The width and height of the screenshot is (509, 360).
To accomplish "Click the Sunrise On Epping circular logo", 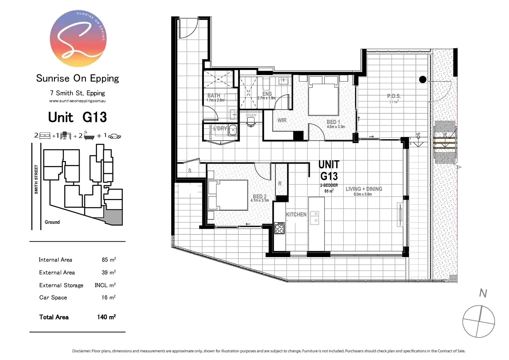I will [78, 39].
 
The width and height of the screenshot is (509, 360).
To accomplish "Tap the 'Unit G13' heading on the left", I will [77, 117].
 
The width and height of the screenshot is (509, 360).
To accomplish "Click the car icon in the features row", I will [114, 136].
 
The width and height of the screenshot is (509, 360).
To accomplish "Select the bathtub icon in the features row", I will [89, 136].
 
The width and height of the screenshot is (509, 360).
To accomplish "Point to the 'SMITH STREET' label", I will [36, 179].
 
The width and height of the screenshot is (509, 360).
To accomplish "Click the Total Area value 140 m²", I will [106, 317].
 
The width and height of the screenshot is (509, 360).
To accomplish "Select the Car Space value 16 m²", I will [108, 297].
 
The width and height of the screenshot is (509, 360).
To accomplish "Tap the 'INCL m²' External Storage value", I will [105, 285].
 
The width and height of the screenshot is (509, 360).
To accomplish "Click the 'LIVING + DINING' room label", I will [363, 189].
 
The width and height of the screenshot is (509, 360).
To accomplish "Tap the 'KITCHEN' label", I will [296, 214].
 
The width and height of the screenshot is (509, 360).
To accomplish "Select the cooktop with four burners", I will [279, 228].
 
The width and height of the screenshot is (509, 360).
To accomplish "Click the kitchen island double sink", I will [314, 218].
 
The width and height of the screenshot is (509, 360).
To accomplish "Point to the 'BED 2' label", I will [259, 196].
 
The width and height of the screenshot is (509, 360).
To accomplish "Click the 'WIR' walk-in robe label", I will [282, 120].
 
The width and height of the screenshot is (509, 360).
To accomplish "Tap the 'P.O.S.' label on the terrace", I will [394, 96].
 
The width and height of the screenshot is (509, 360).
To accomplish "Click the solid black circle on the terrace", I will [422, 79].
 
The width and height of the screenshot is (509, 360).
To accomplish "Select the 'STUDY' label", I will [251, 115].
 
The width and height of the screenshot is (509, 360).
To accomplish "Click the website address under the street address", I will [77, 101].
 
